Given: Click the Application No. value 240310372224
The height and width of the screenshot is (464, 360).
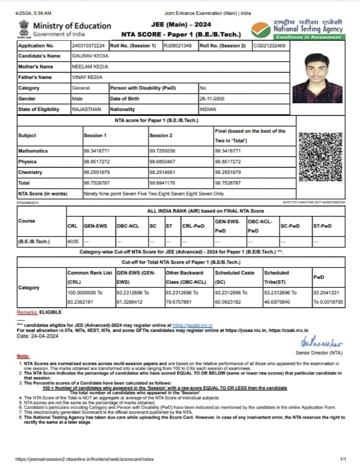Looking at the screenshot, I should tap(89, 46).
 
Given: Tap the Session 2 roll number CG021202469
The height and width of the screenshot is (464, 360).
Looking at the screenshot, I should tap(269, 46).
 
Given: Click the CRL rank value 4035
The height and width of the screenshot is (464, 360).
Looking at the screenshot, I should tap(72, 241).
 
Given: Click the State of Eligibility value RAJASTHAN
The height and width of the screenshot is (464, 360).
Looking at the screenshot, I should tap(87, 109).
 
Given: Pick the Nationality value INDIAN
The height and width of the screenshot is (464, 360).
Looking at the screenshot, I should tap(208, 109).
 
